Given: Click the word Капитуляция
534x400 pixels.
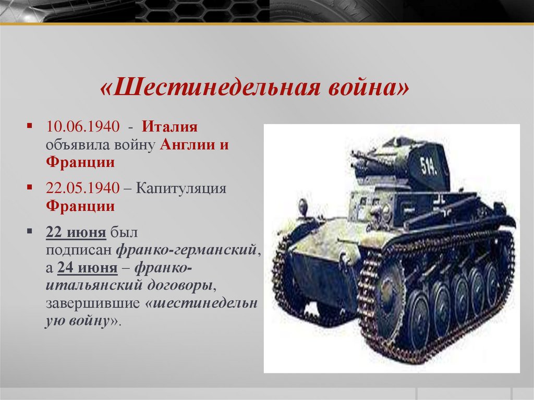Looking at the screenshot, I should point(181,188).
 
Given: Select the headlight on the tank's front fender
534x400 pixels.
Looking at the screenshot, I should point(303,208).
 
